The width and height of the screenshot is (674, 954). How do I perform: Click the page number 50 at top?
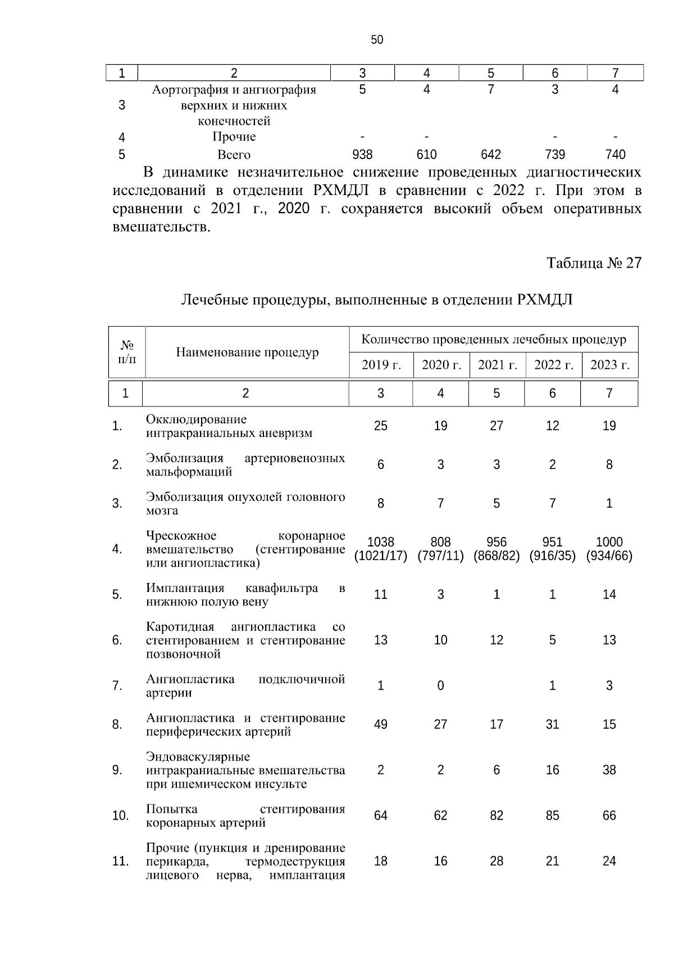(377, 39)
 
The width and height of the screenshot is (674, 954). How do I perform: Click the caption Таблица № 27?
(594, 263)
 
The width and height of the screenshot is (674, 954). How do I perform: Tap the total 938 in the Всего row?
(362, 155)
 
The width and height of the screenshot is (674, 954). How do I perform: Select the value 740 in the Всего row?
(616, 155)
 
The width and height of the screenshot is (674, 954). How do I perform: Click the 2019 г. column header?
(381, 365)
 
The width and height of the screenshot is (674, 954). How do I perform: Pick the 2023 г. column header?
(609, 365)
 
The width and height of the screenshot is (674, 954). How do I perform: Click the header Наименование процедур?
(247, 352)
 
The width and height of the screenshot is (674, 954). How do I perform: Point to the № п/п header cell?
(127, 352)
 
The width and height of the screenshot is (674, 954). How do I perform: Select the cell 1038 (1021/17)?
(381, 549)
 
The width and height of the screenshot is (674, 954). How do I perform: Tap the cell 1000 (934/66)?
(609, 549)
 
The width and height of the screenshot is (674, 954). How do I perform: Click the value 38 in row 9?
(609, 770)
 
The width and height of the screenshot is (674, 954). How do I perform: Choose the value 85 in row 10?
(553, 816)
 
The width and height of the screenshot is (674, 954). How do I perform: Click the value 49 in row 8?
(381, 725)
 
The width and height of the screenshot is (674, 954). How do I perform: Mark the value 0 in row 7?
(440, 686)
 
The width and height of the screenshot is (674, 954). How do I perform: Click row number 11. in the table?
(120, 861)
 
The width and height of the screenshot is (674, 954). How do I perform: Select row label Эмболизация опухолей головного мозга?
(245, 504)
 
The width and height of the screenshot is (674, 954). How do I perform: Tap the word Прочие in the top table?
(234, 137)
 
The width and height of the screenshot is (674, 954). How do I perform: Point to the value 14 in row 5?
(609, 595)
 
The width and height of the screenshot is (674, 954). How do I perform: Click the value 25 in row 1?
(381, 426)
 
